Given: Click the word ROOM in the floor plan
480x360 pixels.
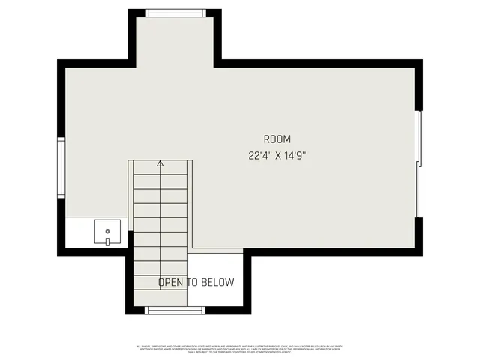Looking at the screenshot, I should click(277, 139).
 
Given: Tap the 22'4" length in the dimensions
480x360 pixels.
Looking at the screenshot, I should click(259, 156).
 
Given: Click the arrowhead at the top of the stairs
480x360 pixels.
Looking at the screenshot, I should click(160, 162).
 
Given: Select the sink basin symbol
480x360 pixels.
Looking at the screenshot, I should click(108, 232).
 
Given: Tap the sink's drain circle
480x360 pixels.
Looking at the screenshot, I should click(108, 231).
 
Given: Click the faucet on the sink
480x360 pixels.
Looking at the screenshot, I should click(108, 241).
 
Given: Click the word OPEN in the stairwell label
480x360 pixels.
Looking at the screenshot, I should click(171, 283).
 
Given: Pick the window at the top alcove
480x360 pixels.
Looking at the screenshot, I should click(175, 13).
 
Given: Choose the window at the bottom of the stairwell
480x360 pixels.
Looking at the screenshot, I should click(175, 310).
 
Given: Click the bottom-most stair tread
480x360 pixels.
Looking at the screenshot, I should click(160, 298).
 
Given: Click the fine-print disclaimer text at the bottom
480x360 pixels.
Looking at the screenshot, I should click(240, 348).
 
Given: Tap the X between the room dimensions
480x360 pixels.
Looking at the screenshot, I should click(277, 156).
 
